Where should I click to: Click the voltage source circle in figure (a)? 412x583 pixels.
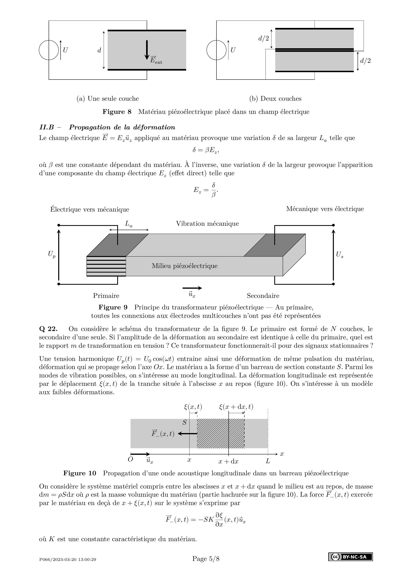click(x=49, y=50)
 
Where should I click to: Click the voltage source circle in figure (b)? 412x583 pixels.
click(x=216, y=50)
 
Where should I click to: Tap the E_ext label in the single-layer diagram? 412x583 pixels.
click(x=156, y=60)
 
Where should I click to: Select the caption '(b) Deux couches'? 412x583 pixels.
click(x=275, y=98)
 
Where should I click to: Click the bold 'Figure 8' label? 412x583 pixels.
click(x=117, y=112)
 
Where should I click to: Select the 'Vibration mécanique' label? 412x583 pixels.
click(x=207, y=224)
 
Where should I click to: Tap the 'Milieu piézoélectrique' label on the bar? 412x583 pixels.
click(x=185, y=266)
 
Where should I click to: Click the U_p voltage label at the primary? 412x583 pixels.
click(x=52, y=254)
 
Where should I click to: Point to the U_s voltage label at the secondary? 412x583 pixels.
click(x=339, y=254)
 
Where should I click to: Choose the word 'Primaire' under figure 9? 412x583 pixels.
click(x=106, y=296)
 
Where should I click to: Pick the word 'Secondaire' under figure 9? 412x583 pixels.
click(x=263, y=296)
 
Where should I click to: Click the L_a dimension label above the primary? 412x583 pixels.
click(x=129, y=224)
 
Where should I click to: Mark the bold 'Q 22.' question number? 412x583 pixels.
click(x=48, y=329)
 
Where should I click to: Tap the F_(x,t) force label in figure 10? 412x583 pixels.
click(x=163, y=433)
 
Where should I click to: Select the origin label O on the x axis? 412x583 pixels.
click(x=130, y=459)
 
